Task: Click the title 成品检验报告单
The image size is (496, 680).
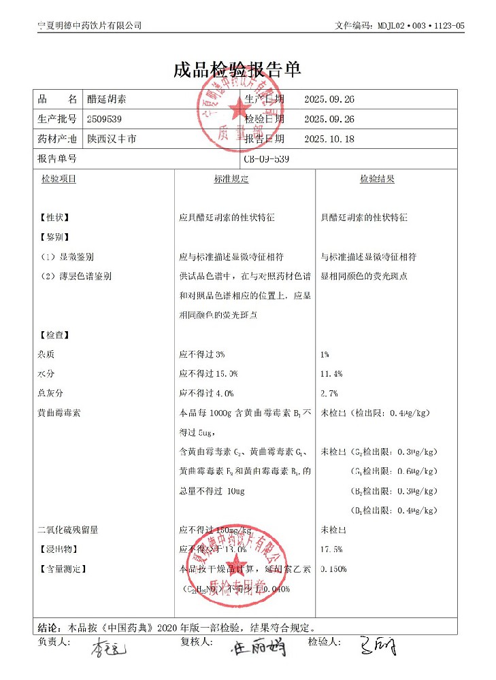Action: [237, 69]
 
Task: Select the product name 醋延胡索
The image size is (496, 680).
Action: [107, 99]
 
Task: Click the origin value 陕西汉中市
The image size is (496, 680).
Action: [112, 139]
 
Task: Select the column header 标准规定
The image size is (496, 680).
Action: [231, 180]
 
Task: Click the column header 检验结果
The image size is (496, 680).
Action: [377, 180]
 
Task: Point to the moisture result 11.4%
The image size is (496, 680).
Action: [331, 374]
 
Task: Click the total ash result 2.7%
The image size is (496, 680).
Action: [329, 393]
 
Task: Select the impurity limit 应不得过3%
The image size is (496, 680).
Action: [202, 355]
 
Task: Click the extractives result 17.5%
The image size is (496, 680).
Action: [331, 549]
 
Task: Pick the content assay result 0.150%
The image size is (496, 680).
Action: [333, 568]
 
